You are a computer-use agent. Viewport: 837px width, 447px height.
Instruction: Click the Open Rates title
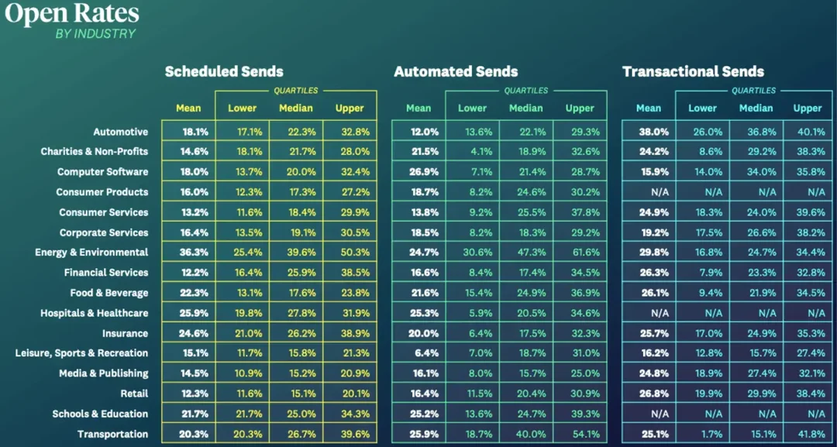click(71, 13)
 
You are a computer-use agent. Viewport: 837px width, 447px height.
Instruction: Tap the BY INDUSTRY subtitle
click(95, 33)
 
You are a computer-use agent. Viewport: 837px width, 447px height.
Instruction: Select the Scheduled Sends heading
click(224, 71)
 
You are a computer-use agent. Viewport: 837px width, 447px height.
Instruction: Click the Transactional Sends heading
click(693, 71)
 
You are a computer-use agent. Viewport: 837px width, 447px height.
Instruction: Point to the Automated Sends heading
click(456, 71)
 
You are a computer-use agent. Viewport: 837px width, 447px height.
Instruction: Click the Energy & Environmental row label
click(91, 253)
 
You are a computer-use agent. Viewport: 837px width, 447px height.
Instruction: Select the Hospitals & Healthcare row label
click(94, 313)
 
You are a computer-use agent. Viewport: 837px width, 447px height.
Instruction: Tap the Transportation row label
click(112, 434)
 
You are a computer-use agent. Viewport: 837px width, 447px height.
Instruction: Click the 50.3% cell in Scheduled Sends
click(350, 253)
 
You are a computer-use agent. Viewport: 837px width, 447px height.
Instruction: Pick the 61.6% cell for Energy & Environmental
click(580, 253)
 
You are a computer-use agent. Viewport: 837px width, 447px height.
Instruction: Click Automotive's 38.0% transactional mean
click(649, 132)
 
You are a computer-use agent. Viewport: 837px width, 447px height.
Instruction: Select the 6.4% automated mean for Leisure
click(418, 353)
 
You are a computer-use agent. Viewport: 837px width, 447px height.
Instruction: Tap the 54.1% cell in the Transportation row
click(580, 434)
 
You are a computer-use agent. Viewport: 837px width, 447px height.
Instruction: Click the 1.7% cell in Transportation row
click(702, 434)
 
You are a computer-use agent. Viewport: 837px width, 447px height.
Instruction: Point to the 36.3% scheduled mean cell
click(188, 253)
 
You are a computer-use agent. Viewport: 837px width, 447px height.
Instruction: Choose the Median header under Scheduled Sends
click(295, 108)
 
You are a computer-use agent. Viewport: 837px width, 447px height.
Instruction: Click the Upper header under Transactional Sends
click(808, 108)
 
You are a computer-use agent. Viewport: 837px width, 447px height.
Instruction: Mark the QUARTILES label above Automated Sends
click(525, 91)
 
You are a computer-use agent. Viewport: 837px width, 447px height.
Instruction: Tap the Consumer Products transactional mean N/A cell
click(649, 192)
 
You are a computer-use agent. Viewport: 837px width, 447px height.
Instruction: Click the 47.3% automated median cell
click(525, 253)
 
